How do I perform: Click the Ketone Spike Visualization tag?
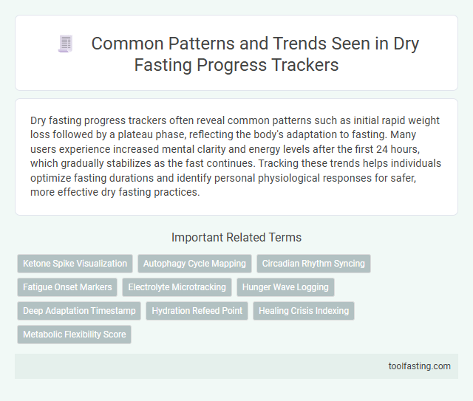tap(75, 263)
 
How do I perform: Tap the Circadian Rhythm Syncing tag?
tap(313, 263)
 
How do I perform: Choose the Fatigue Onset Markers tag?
tap(67, 287)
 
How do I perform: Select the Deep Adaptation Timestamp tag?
tap(78, 310)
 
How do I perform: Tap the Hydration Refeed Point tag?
tap(197, 310)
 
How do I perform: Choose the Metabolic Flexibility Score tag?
tap(74, 334)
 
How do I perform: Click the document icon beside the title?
tap(65, 44)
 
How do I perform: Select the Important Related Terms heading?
tap(236, 237)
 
